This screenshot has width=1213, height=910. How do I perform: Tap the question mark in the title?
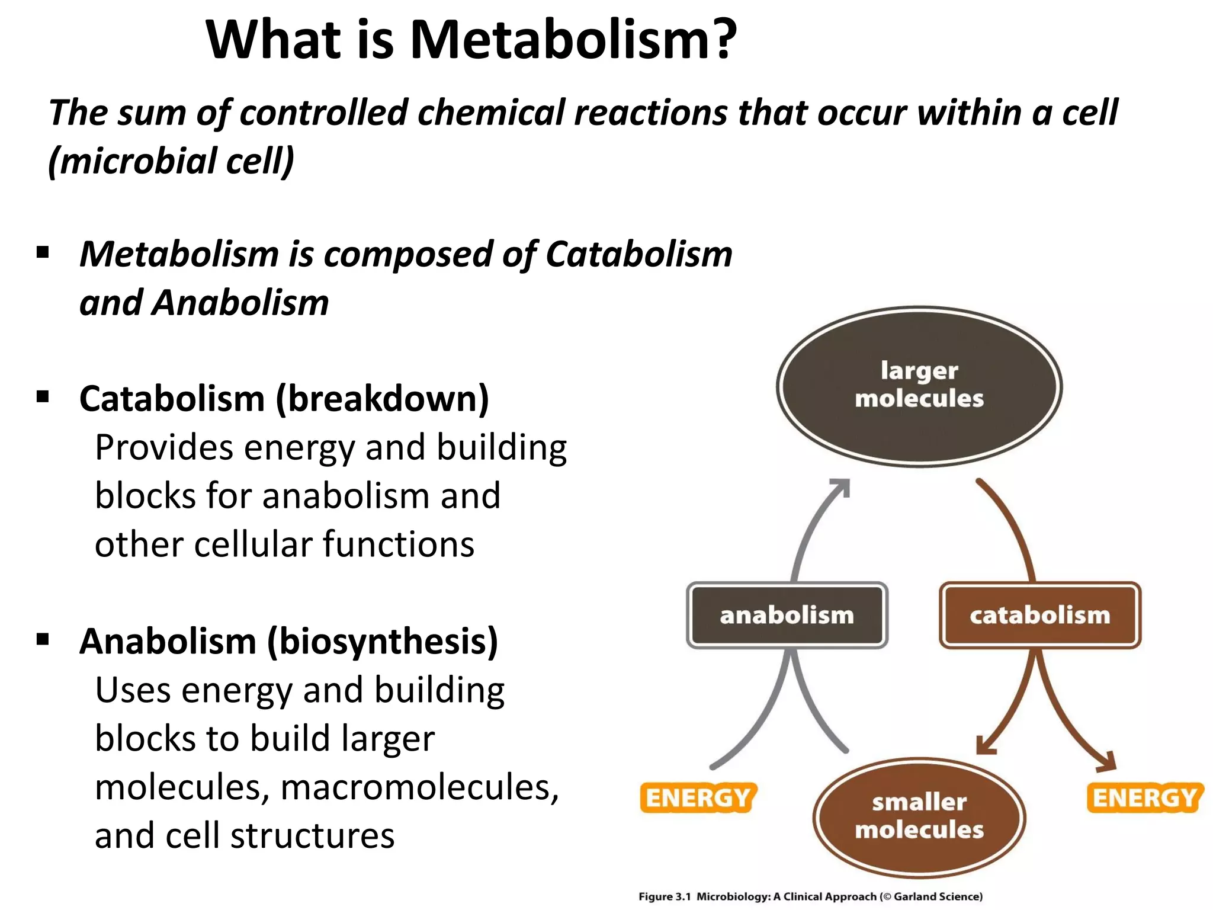[x=721, y=40]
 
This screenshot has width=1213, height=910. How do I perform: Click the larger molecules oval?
[x=919, y=386]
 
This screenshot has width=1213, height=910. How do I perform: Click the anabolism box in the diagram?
[x=787, y=615]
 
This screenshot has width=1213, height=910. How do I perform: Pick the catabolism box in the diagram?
[x=1039, y=615]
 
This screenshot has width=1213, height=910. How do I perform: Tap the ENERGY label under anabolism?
[x=698, y=798]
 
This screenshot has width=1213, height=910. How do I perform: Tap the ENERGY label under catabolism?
[x=1144, y=798]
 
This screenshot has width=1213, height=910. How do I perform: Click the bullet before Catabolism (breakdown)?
[x=43, y=396]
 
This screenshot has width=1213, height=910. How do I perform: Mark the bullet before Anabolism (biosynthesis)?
[x=43, y=639]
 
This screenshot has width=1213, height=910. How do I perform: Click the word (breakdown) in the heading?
[x=383, y=399]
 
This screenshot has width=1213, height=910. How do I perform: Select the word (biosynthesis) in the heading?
[x=383, y=642]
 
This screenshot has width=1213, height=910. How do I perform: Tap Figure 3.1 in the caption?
[x=664, y=896]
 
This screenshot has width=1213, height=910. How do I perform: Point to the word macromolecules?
[x=419, y=788]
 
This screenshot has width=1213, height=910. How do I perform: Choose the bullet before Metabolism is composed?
[x=43, y=253]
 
